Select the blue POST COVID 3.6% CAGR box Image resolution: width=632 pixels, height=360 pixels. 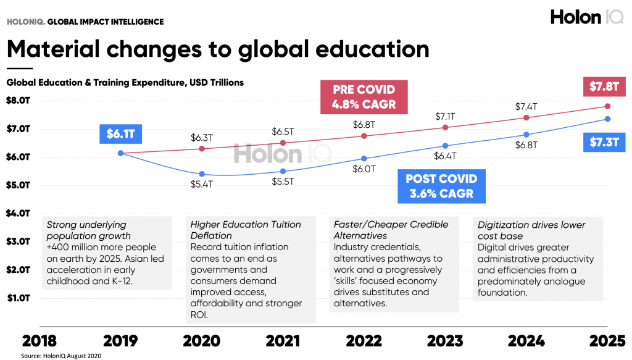(441, 186)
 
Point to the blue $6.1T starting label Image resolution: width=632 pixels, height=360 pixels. (120, 133)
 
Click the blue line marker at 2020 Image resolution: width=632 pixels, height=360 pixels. (201, 174)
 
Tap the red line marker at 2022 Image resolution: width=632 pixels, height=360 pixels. (364, 136)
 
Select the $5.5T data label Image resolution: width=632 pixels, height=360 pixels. (282, 182)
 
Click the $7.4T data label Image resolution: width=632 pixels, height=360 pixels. (526, 107)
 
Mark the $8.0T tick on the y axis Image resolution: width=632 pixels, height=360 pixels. (19, 101)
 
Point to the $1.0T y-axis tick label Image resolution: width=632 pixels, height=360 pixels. (19, 298)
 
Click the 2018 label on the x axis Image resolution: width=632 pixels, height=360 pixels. (39, 341)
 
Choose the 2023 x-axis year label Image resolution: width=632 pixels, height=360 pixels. (445, 341)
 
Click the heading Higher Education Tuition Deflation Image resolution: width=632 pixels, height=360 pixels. (246, 230)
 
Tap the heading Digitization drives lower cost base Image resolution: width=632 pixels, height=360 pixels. (531, 230)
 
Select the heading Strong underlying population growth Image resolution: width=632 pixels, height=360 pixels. (89, 230)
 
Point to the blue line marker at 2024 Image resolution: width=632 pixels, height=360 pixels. (526, 135)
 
